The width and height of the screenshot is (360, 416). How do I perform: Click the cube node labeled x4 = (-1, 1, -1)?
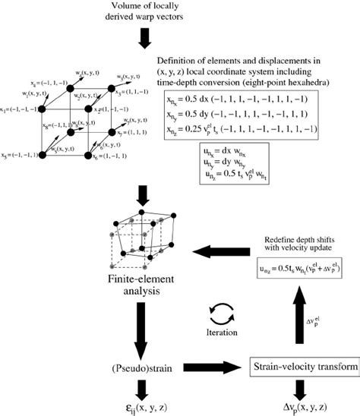pos(71,90)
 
